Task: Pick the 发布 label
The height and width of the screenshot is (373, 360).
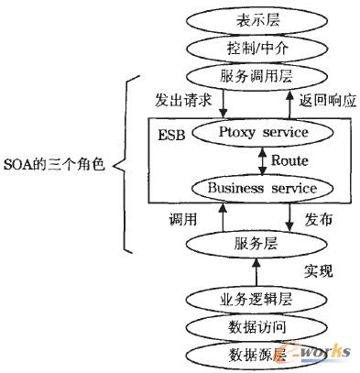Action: pyautogui.click(x=319, y=220)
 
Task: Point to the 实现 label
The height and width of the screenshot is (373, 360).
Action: pyautogui.click(x=317, y=271)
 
